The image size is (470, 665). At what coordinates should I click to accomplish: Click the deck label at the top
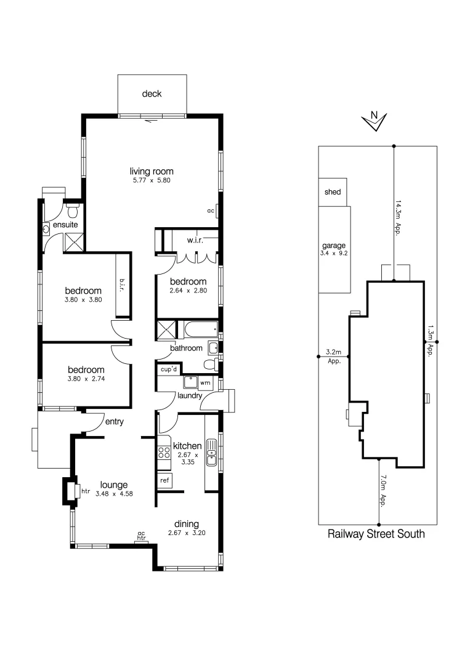pos(152,94)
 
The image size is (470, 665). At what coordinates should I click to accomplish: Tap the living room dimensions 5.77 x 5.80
pos(151,182)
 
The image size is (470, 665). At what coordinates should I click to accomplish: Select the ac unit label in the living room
pos(211,211)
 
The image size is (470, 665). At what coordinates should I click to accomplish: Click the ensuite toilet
pos(73,212)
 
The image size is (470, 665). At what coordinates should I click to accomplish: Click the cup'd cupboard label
pos(169,369)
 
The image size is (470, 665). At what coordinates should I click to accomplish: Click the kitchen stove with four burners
pos(164,454)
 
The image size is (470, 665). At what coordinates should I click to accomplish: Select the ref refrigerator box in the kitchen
pos(164,480)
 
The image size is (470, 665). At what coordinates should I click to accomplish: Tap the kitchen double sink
pos(211,450)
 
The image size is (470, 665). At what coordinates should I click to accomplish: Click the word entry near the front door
pos(115,422)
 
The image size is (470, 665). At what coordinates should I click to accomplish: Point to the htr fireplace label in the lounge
pos(86,491)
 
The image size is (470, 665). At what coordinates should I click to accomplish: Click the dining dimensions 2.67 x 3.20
pos(187,533)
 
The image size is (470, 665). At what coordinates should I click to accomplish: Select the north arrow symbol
pos(374,121)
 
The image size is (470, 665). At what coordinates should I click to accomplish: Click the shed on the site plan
pos(333,192)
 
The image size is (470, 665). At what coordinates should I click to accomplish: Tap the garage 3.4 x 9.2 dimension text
pos(332,252)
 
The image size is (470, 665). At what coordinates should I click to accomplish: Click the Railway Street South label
pos(376,534)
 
